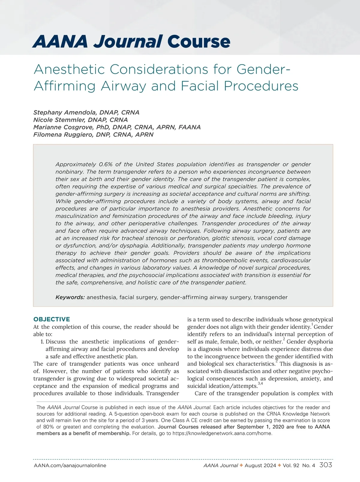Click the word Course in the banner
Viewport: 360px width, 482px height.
199,41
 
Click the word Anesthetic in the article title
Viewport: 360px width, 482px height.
69,70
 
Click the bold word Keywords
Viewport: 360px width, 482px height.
70,297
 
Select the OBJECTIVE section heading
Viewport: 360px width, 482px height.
52,319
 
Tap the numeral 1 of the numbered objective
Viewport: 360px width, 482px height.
42,342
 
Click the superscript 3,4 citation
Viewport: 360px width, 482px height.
260,384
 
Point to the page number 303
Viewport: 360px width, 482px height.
326,465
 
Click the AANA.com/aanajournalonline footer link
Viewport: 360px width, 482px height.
70,465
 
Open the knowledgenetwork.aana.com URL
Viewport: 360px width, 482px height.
222,433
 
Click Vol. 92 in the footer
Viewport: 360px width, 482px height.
291,465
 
